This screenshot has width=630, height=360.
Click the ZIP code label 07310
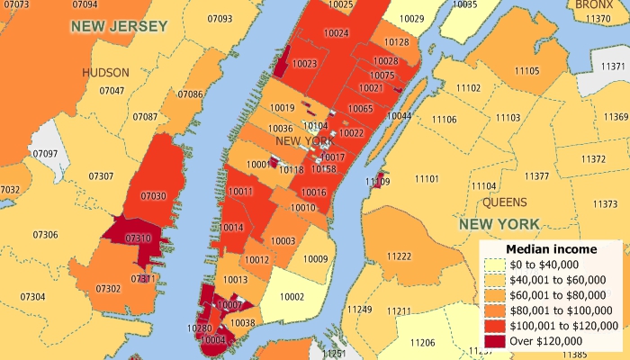pos(139,238)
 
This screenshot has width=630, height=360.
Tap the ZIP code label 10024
pos(336,33)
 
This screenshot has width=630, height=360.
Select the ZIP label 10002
pos(292,296)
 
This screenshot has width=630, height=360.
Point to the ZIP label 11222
pos(399,257)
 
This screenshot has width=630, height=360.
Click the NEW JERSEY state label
pos(120,26)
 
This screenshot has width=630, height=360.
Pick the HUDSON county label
pos(105,72)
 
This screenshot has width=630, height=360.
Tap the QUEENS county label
pos(504,202)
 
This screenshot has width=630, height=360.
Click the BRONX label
pos(594,4)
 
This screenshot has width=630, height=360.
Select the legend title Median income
pos(551,248)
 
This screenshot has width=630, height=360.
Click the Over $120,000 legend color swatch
pos(494,341)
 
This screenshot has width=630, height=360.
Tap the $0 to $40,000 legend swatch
pos(494,265)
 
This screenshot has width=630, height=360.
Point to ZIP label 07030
pos(154,195)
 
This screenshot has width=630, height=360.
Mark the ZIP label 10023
pos(304,64)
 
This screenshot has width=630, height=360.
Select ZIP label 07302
pos(108,288)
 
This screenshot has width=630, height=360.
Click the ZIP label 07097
pos(45,154)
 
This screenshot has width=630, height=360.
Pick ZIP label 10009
pos(316,258)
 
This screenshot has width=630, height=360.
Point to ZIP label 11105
pos(526,70)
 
